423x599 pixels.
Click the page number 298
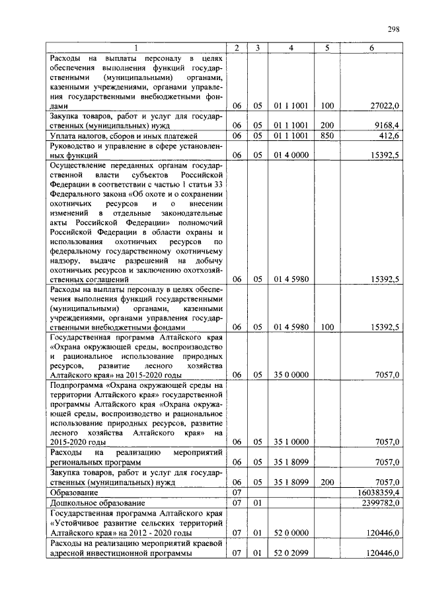pos(393,29)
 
